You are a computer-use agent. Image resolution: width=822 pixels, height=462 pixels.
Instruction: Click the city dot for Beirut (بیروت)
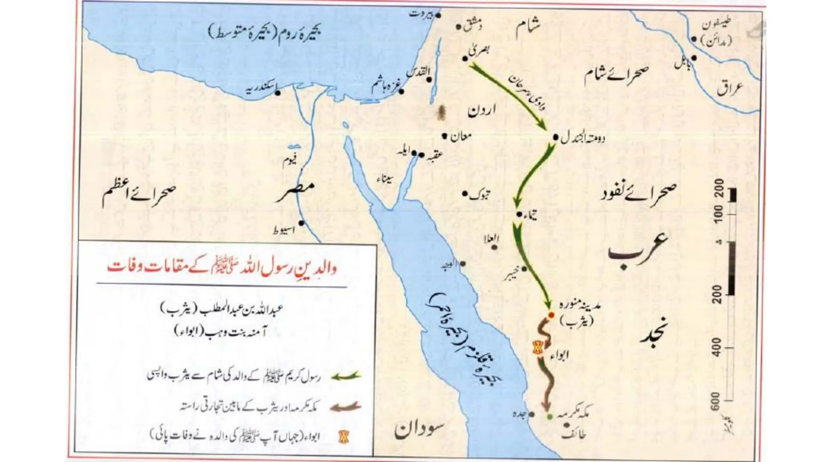click(438, 16)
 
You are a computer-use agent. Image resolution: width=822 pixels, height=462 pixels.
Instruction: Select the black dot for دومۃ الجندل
click(555, 137)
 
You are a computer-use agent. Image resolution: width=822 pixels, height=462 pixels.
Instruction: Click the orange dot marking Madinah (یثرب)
click(551, 315)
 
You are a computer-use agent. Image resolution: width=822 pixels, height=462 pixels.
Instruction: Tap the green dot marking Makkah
click(549, 417)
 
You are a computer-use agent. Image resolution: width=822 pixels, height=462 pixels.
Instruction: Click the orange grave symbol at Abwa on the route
click(537, 347)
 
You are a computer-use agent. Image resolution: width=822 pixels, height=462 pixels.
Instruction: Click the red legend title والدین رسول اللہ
click(222, 268)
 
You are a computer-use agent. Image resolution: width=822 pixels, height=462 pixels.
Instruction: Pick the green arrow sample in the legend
click(346, 376)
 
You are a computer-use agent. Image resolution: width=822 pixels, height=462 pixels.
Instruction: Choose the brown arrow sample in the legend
click(346, 407)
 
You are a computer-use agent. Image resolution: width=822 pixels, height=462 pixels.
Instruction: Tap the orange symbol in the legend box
click(344, 436)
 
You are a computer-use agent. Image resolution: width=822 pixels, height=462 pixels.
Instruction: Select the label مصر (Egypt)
click(295, 193)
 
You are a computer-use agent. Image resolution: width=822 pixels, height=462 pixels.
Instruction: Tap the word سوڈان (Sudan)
click(420, 430)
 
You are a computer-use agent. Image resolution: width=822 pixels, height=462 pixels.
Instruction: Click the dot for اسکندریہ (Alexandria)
click(277, 92)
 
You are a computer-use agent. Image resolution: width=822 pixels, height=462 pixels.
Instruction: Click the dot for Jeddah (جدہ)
click(532, 414)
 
